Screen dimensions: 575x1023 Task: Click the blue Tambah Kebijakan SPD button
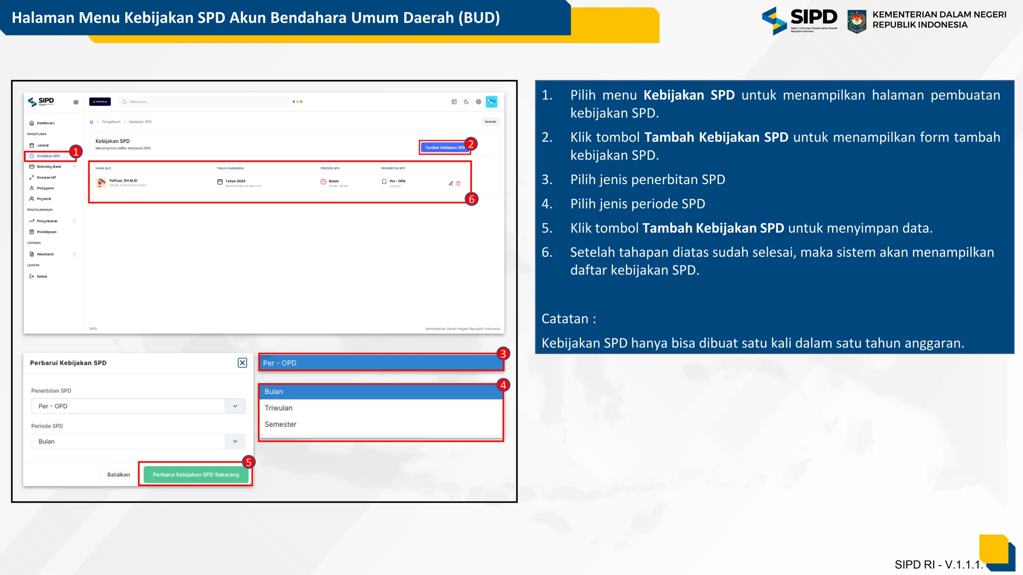click(444, 147)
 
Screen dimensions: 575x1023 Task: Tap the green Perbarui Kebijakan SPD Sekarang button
click(196, 475)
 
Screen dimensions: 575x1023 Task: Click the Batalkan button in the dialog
click(118, 475)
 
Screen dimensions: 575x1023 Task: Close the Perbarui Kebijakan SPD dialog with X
click(242, 363)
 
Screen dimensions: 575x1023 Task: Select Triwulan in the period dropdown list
click(279, 408)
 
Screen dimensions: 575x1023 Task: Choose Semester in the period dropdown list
click(280, 424)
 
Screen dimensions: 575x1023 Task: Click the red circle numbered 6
click(471, 199)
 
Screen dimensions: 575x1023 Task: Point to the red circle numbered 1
click(75, 151)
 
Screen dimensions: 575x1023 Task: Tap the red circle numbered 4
click(503, 385)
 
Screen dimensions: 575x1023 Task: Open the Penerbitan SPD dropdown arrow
click(235, 406)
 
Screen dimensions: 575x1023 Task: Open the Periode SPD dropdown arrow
click(235, 441)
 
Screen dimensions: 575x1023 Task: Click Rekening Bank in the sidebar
click(49, 167)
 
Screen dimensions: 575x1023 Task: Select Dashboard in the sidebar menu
click(45, 123)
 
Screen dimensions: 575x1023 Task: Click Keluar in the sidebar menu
click(42, 277)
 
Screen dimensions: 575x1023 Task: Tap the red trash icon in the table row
click(459, 183)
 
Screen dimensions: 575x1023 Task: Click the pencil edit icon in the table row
click(451, 183)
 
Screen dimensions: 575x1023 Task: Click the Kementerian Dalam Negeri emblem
click(857, 21)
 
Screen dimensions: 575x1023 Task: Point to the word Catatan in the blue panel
click(565, 319)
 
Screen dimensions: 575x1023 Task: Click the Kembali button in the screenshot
click(491, 122)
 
